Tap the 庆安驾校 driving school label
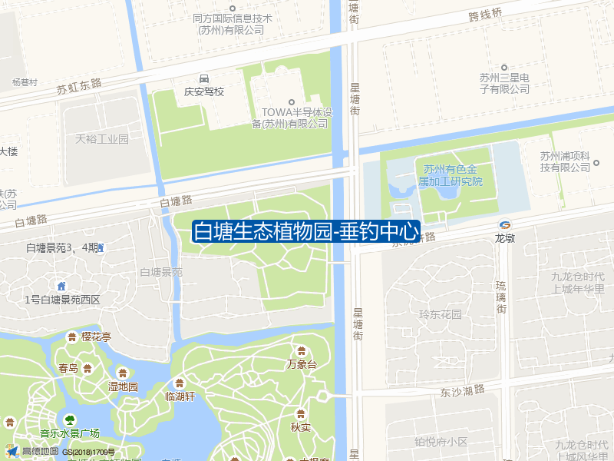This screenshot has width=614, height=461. point(203,91)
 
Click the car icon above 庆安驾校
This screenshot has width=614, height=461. point(203,78)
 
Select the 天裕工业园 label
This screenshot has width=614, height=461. point(102,139)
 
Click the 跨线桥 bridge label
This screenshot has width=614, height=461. point(485,14)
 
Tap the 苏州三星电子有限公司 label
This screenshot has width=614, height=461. point(505,83)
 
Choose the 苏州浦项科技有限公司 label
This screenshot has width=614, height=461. point(569,161)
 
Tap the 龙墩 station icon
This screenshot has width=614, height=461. point(504,224)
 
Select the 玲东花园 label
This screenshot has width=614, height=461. point(441,314)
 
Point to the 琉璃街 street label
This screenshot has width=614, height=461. point(501,297)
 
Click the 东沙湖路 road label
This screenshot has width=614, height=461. point(463,391)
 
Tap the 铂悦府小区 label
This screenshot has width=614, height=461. point(441,442)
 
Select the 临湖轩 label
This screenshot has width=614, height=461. point(180,396)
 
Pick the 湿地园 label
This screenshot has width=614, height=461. point(123,386)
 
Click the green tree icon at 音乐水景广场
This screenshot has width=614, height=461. point(70,420)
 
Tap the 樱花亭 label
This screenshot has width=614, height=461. point(97,337)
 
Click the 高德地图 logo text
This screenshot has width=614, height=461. point(40,452)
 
